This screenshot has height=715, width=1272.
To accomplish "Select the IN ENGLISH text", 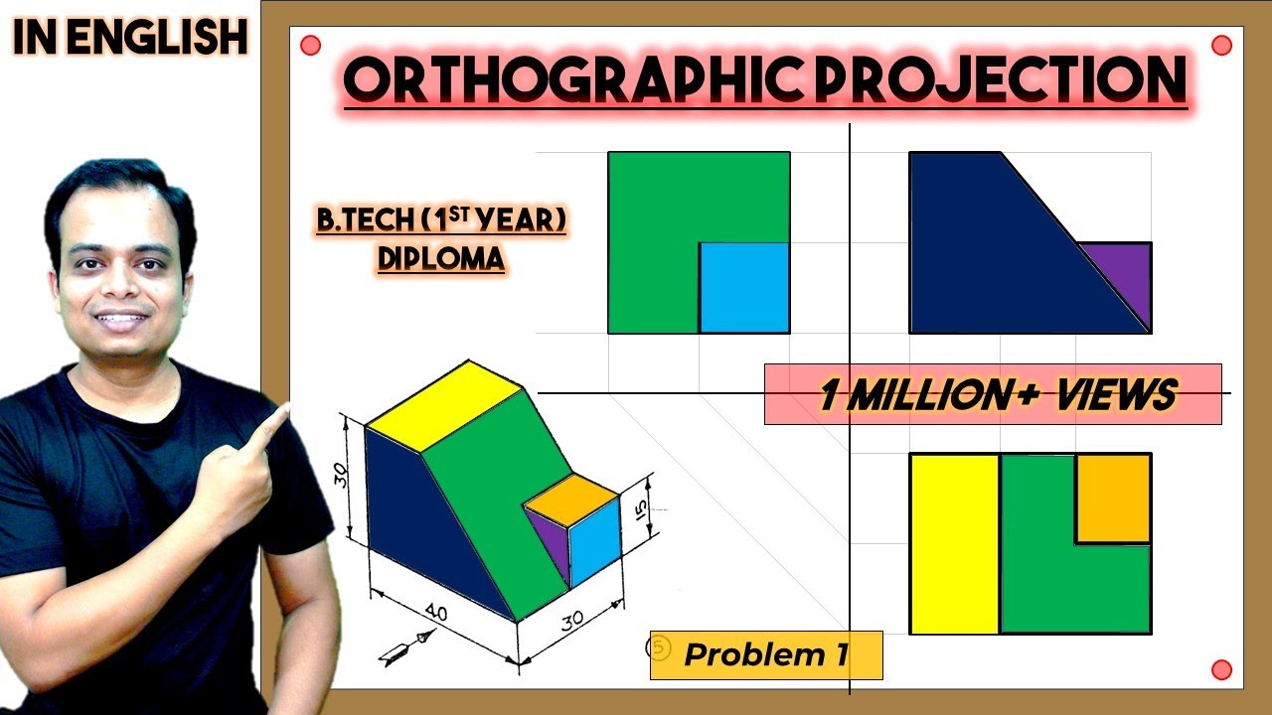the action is (130, 37).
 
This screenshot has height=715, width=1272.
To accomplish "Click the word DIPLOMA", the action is (441, 259).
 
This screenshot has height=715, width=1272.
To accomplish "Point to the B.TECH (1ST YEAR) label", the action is (441, 219).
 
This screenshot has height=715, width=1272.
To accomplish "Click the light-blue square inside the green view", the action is (744, 288).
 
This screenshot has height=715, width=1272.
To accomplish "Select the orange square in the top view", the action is (1114, 499).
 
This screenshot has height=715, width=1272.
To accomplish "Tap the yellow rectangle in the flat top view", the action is (955, 543).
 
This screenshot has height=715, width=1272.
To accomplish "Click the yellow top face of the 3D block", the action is (444, 406).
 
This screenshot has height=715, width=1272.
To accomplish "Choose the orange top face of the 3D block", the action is (571, 500).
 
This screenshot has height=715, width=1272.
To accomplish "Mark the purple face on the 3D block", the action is (549, 541).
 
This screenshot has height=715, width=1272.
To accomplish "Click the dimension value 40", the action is (436, 613).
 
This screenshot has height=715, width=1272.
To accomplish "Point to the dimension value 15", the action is (640, 510).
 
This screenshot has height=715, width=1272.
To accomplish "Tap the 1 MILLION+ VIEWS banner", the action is (993, 394).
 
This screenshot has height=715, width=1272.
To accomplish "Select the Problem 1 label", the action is (766, 654).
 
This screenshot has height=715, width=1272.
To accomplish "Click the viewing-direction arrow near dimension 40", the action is (407, 647).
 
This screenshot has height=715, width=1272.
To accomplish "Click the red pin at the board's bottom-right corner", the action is (1221, 669).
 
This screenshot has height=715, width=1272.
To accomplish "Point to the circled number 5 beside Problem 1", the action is (659, 648).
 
